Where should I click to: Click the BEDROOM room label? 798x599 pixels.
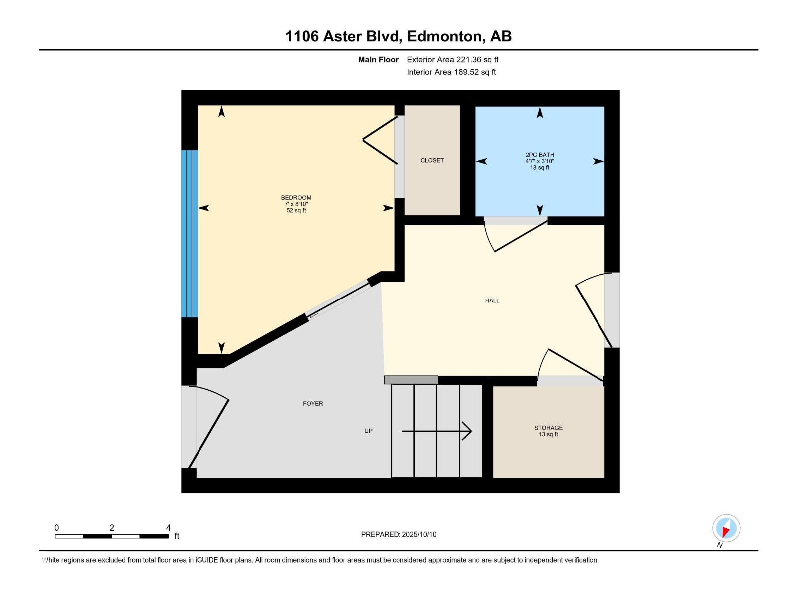point(296,198)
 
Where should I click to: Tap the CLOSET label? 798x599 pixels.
point(432,160)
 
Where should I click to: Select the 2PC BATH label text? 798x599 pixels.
point(540,155)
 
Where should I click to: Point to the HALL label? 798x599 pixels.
point(492,300)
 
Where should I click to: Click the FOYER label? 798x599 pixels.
point(313,403)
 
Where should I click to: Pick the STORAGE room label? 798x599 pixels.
point(548,428)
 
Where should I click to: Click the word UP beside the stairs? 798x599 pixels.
point(368,431)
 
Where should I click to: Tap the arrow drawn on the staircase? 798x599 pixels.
point(437,431)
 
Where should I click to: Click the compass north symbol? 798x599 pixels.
point(726,528)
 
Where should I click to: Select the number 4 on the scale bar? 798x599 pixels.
point(168,528)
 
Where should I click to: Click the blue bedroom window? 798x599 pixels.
point(190,234)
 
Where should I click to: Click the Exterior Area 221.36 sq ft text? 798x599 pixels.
point(452,60)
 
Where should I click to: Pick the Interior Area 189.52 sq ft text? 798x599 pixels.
point(451,72)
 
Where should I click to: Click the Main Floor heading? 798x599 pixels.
point(378,60)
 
